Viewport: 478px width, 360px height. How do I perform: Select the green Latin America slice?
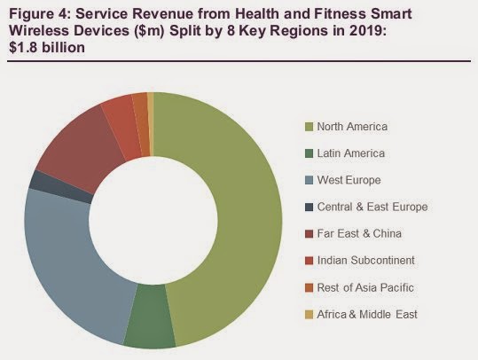[150, 317]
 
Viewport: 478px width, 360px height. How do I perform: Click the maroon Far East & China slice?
[79, 146]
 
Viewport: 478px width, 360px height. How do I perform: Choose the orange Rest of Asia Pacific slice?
[143, 123]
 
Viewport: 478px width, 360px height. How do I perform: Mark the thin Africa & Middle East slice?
[150, 123]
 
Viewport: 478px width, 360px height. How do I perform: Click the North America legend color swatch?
[309, 127]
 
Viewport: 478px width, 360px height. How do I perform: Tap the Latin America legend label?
[351, 153]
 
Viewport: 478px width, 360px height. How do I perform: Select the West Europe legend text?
[349, 180]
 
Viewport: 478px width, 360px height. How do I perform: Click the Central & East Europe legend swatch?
[309, 207]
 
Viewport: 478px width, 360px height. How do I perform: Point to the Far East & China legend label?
[359, 233]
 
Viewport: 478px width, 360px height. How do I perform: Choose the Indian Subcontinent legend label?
[365, 261]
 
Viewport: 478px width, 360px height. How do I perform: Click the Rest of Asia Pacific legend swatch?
[309, 288]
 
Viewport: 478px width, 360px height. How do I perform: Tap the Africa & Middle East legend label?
[367, 314]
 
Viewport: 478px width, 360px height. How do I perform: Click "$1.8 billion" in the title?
[47, 48]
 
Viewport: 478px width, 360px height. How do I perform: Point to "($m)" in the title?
[149, 31]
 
